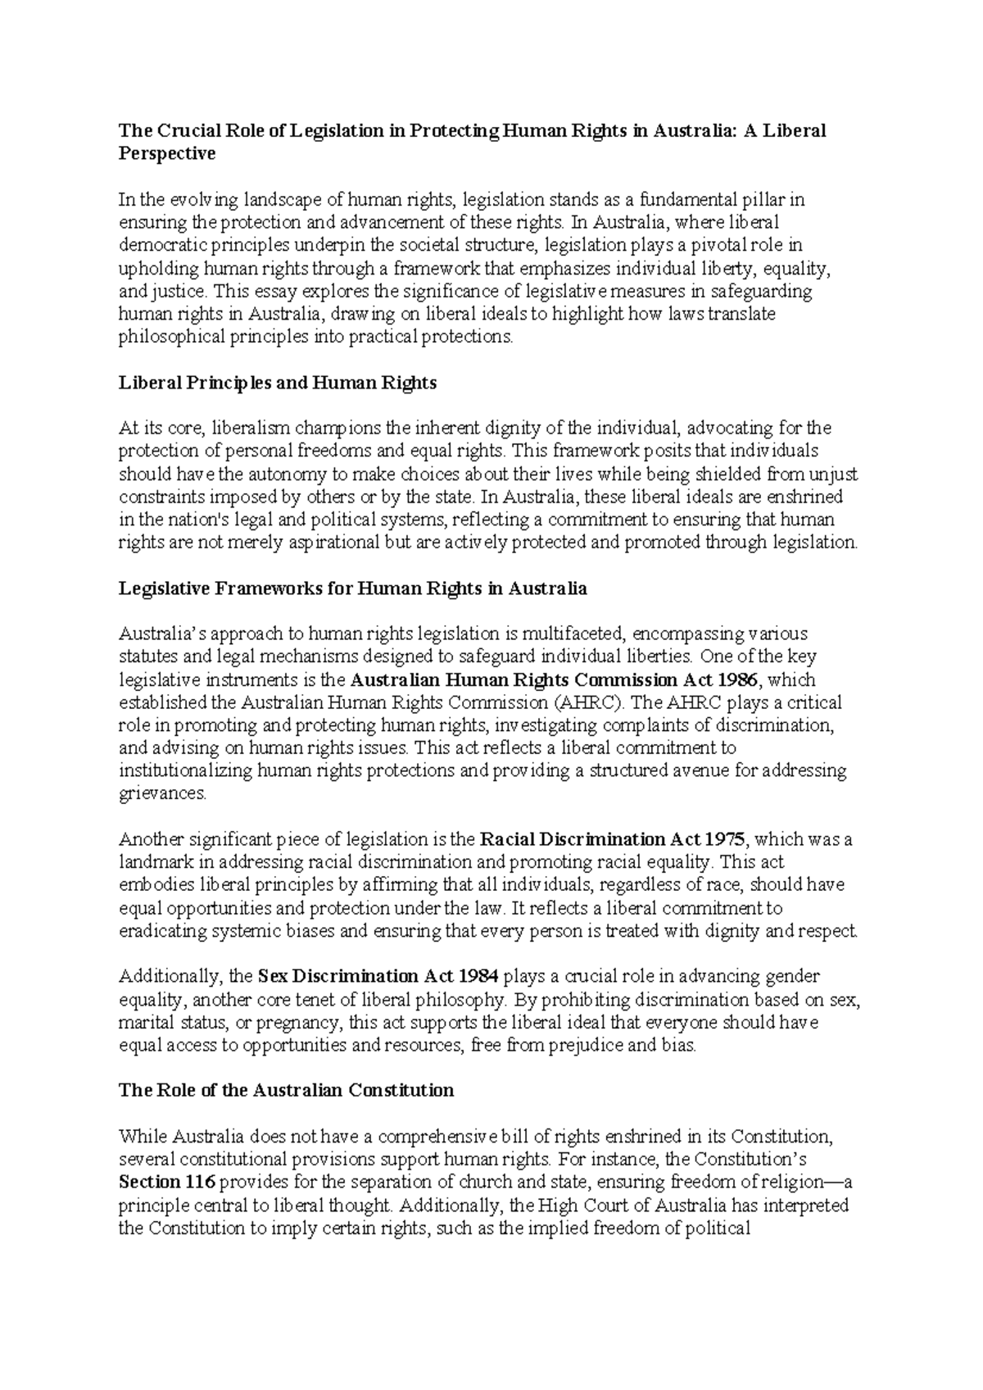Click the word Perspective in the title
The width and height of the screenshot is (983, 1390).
pos(167,153)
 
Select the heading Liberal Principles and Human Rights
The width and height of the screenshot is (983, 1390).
pos(278,383)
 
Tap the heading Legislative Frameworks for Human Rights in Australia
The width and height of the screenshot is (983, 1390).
pos(353,588)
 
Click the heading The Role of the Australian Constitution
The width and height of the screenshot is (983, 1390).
pos(286,1090)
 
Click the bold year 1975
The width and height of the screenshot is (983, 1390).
pos(726,839)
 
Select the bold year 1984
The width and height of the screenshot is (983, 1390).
pos(477,976)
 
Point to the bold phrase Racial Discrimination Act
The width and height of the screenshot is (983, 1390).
pos(590,839)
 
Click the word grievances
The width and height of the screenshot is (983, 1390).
pos(162,793)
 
